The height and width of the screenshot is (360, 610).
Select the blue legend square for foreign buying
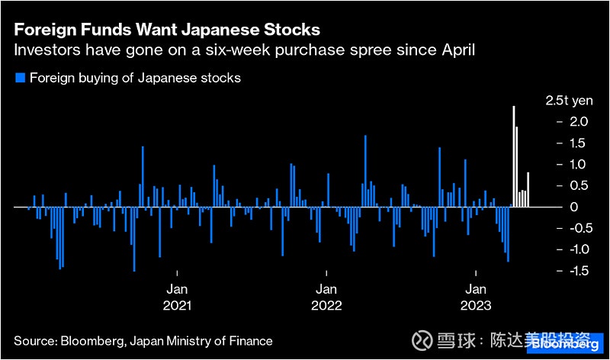point(20,78)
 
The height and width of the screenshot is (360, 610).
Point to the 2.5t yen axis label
point(568,101)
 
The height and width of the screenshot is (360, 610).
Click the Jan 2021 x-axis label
point(177,297)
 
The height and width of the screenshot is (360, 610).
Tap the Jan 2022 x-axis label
point(326,297)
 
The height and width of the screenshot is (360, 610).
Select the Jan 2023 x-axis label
point(476,297)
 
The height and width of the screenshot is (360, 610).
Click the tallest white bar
point(514,156)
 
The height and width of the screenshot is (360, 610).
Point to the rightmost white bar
point(528,190)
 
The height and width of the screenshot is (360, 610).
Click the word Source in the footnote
point(33,341)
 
